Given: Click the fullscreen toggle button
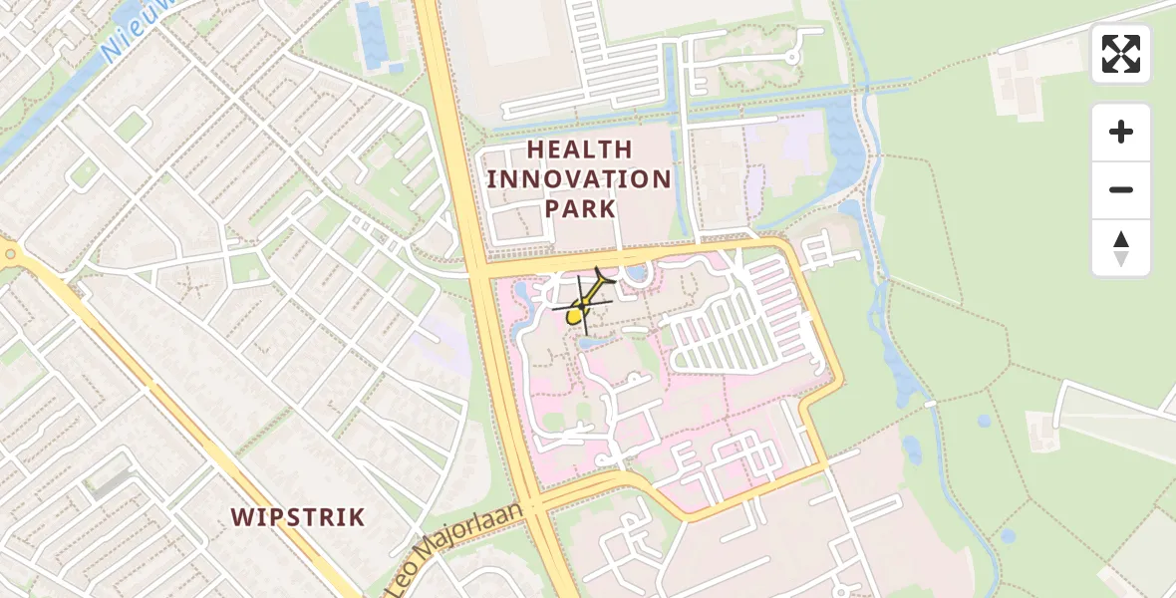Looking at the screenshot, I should point(1121,54).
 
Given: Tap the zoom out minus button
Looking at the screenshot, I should point(1121,189).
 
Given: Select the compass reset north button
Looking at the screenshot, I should point(1121,248).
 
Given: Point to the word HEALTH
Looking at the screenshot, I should point(579,149).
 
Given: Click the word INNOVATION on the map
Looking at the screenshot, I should point(579,179).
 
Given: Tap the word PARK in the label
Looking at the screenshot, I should point(579,209).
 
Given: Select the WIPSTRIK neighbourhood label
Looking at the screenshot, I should point(298,517).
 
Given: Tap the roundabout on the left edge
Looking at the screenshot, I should point(10,254).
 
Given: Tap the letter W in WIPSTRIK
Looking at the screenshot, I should point(242,517).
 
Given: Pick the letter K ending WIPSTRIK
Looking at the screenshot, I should point(357,517).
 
